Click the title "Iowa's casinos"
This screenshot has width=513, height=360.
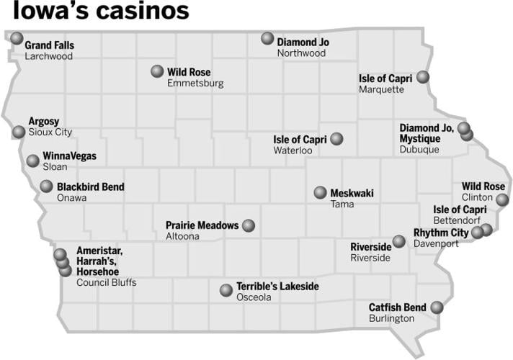pyautogui.click(x=101, y=12)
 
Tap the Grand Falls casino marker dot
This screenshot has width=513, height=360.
pyautogui.click(x=17, y=37)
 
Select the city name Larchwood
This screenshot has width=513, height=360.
pyautogui.click(x=48, y=56)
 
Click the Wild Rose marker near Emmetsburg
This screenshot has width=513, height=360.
pyautogui.click(x=157, y=71)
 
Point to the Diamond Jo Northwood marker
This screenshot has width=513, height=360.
pyautogui.click(x=267, y=38)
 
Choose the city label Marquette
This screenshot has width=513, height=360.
pyautogui.click(x=381, y=89)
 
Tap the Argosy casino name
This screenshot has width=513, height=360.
pyautogui.click(x=44, y=121)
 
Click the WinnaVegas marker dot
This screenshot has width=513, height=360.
pyautogui.click(x=32, y=161)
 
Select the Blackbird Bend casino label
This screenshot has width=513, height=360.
pyautogui.click(x=91, y=187)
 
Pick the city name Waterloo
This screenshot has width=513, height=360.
pyautogui.click(x=293, y=150)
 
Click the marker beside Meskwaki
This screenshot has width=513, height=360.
pyautogui.click(x=320, y=192)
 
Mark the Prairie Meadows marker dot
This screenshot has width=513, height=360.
pyautogui.click(x=249, y=225)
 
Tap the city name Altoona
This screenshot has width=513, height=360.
pyautogui.click(x=183, y=236)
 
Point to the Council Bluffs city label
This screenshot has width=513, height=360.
pyautogui.click(x=106, y=282)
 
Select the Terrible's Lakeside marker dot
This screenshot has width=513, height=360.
pyautogui.click(x=226, y=290)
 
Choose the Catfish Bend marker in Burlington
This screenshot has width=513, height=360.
pyautogui.click(x=436, y=307)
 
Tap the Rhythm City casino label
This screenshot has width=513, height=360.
pyautogui.click(x=440, y=233)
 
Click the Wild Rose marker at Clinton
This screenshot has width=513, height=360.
pyautogui.click(x=502, y=198)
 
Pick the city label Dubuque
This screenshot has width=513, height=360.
pyautogui.click(x=419, y=150)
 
